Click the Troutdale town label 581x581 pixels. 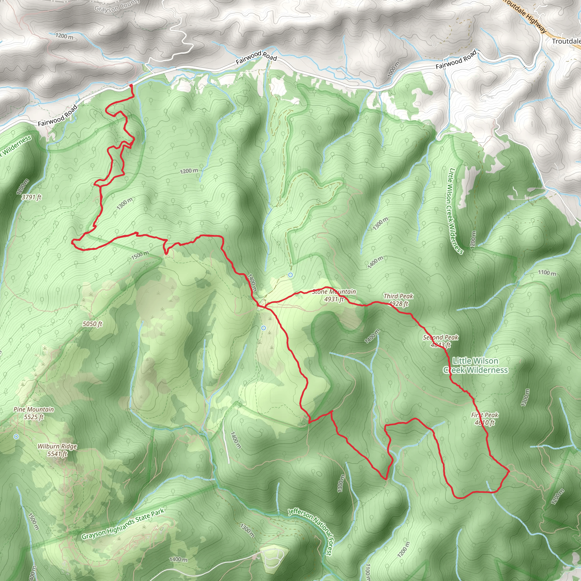tap(566, 41)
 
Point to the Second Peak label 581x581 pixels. tap(441, 341)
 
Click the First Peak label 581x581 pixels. tap(485, 419)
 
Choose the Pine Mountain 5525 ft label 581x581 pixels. tap(34, 413)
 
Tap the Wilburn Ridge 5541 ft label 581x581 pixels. tap(57, 450)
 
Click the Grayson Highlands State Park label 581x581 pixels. tap(123, 524)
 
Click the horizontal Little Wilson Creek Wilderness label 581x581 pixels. tap(475, 365)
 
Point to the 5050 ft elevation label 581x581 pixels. tap(92, 324)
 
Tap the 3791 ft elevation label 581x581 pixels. tap(31, 197)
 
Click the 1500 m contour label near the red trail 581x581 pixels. tap(140, 255)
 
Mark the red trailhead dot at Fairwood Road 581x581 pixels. tap(131, 86)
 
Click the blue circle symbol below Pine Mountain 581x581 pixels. tap(16, 436)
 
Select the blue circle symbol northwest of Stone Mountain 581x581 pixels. tap(290, 275)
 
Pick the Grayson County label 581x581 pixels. tap(117, 6)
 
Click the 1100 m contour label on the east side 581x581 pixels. tap(547, 273)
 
